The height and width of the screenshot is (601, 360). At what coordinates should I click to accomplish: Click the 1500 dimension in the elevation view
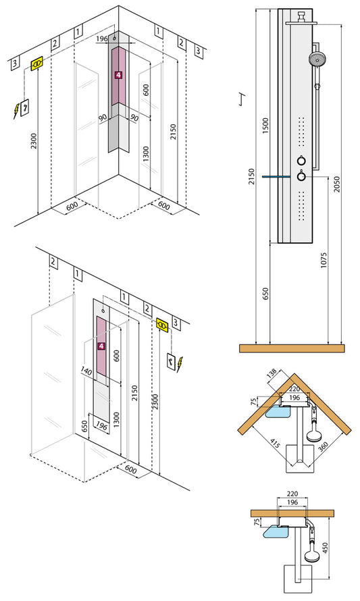265,124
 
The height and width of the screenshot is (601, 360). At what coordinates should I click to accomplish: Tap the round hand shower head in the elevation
316,59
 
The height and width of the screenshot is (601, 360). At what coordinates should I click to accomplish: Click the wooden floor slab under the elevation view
292,348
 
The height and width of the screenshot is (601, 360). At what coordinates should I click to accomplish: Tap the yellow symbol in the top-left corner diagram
38,63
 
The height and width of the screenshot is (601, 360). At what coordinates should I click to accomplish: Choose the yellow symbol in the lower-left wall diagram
163,325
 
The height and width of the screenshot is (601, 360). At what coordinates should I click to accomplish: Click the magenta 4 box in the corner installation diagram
119,76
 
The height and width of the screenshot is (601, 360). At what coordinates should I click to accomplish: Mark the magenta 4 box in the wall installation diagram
101,346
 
